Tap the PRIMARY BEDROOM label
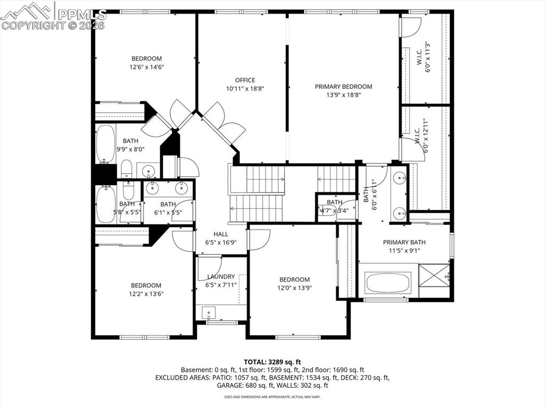point(343,87)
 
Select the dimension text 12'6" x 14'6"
point(146,67)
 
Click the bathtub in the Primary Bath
point(388,282)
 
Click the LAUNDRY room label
point(221,277)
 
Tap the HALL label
point(221,234)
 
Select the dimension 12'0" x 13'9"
point(294,288)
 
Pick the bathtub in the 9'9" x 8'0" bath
point(105,144)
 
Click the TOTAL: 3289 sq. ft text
point(272,362)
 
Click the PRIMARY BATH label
point(404,243)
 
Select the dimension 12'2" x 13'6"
point(146,294)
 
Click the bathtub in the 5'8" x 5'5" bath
point(105,203)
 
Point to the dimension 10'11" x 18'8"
point(245,88)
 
